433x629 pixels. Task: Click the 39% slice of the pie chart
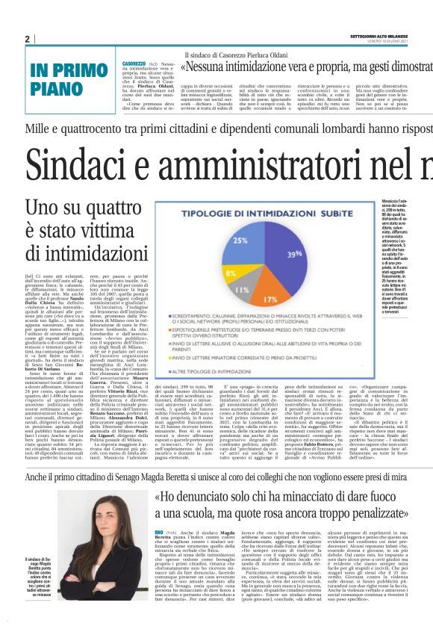(x=291, y=254)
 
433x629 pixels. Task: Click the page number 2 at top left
(x=27, y=39)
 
